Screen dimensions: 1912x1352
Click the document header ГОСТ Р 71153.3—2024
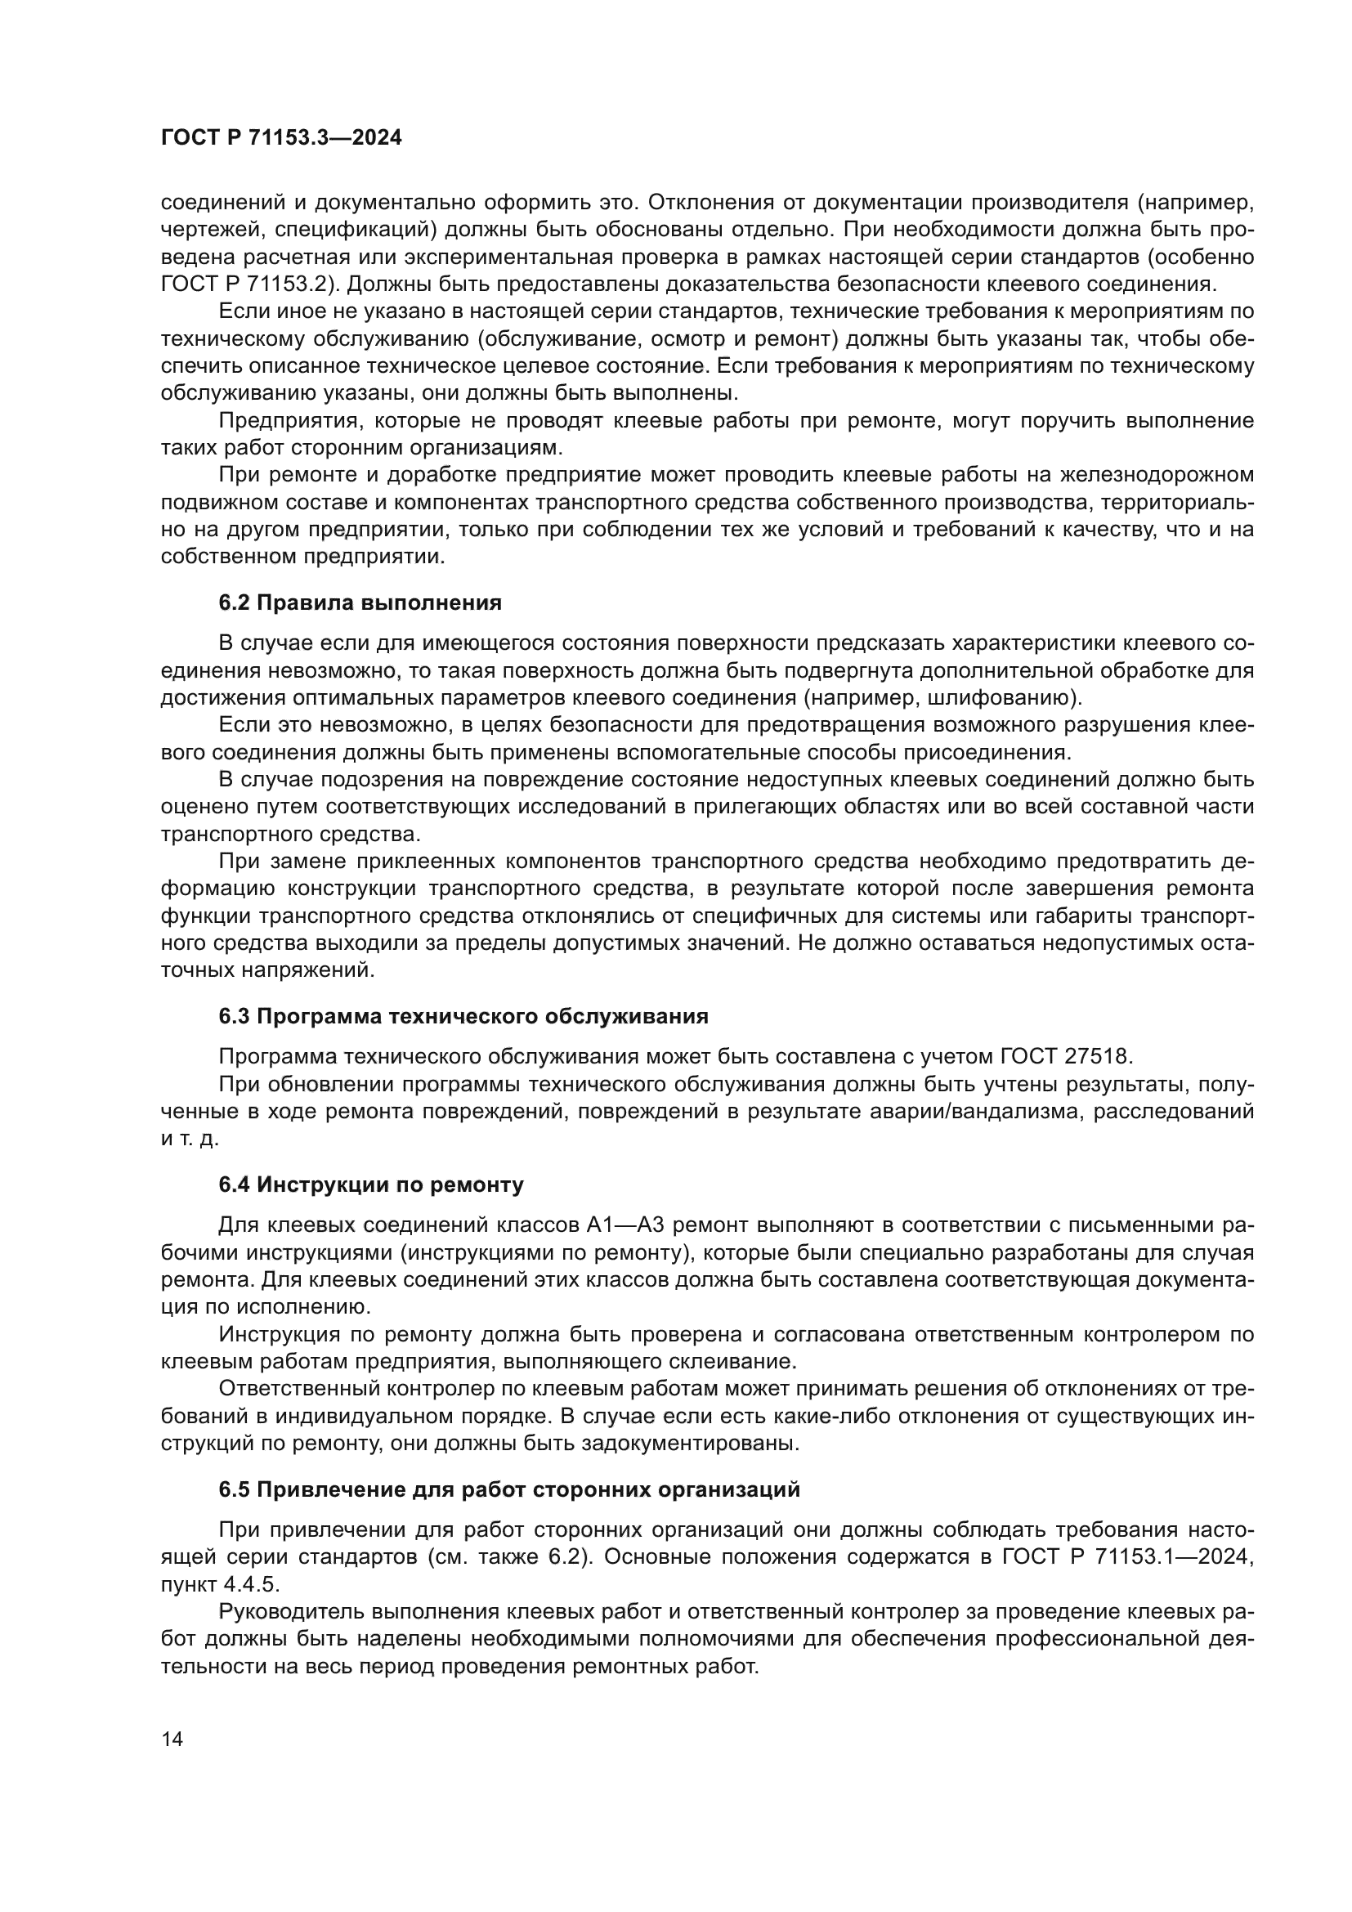280,138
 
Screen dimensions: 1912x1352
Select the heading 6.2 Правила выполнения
360,603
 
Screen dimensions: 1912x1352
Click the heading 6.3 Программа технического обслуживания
463,1016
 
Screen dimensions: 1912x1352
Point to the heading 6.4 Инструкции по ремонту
370,1184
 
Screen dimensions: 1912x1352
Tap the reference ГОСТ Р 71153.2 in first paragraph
247,284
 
